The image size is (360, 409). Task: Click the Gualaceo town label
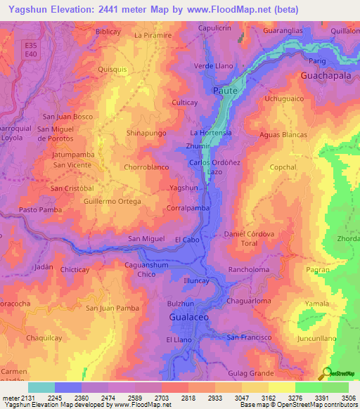pos(190,318)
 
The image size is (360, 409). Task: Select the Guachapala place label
pos(325,74)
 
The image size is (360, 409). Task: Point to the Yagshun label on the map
pos(184,188)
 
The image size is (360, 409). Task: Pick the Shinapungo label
pos(146,132)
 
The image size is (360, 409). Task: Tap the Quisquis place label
pos(112,70)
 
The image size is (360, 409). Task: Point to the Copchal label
pos(283,167)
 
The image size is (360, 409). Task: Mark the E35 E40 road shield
pos(30,49)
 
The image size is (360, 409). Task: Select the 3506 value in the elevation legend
pos(349,397)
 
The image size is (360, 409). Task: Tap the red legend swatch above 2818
pos(174,387)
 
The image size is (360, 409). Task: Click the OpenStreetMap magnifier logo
pos(326,372)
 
